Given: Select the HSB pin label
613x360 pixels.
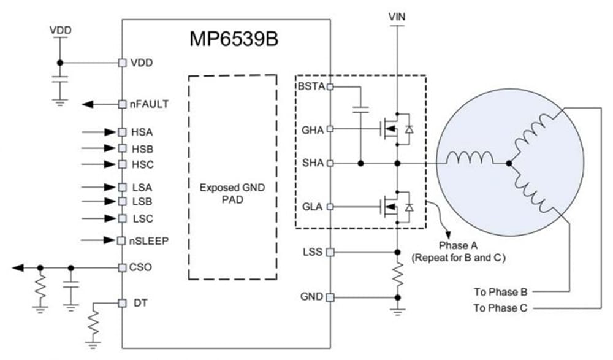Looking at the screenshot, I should click(x=142, y=148).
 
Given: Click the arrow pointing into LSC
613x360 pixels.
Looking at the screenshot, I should click(x=101, y=219).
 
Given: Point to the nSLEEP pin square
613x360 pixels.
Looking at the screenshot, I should click(x=122, y=240).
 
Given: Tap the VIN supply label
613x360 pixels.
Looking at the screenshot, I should click(x=398, y=17).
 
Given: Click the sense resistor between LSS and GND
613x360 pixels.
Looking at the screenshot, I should click(x=398, y=275).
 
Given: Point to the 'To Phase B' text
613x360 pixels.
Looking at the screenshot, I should click(x=500, y=291).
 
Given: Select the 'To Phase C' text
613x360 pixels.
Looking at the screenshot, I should click(x=500, y=308).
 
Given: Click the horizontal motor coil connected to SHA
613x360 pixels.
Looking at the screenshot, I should click(x=469, y=159).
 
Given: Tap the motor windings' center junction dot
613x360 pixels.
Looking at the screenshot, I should click(x=509, y=163).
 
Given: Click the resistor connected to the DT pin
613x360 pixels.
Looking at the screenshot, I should click(x=93, y=323).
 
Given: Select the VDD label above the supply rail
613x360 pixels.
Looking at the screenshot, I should click(x=59, y=29).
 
